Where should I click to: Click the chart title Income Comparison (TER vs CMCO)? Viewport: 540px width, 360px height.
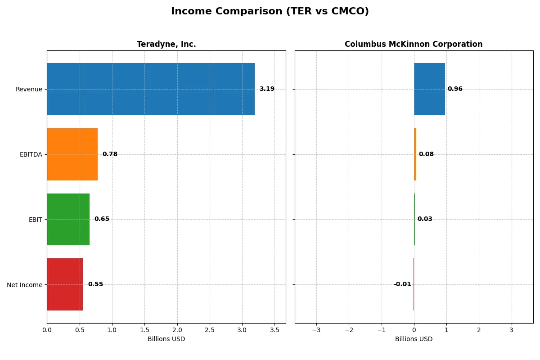[270, 12]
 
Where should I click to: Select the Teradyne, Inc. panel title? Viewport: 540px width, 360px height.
[166, 45]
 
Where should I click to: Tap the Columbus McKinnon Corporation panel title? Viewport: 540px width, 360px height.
[414, 45]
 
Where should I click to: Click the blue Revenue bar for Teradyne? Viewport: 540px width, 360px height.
[151, 89]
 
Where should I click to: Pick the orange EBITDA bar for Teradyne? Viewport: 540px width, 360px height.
[72, 154]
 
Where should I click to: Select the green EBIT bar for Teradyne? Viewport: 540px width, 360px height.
[68, 219]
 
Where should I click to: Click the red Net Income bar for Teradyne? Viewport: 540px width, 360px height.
[65, 284]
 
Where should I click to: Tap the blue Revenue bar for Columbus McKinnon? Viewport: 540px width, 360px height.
[429, 89]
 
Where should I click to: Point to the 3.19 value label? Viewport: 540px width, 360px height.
[267, 89]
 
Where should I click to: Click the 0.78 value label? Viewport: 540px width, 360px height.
[110, 154]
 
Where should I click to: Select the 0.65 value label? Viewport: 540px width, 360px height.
[102, 219]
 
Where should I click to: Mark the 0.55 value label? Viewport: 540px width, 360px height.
[95, 284]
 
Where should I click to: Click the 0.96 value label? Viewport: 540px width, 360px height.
[455, 89]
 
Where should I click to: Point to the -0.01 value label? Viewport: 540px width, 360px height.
[402, 284]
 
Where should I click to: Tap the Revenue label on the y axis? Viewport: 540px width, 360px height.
[29, 89]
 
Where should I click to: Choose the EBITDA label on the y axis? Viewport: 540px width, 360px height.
[31, 154]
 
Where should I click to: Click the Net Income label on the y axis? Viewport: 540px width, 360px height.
[25, 285]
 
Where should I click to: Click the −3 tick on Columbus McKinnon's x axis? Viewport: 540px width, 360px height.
[316, 330]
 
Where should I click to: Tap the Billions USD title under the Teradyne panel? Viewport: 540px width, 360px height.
[166, 339]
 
